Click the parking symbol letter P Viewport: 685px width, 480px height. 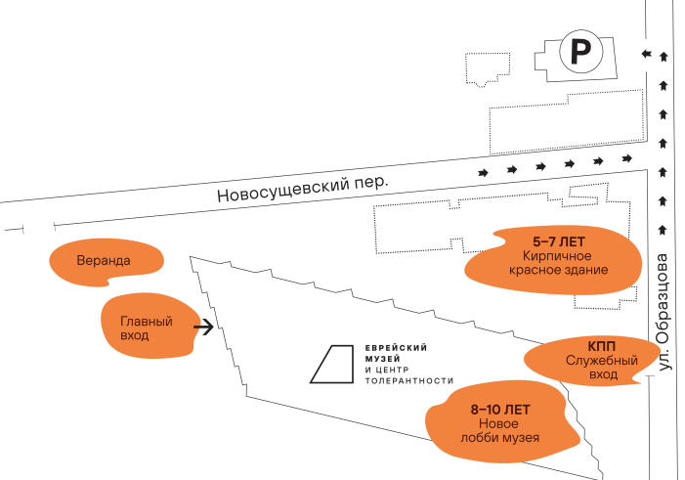[x=580, y=52]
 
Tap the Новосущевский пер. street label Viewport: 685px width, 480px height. [x=302, y=189]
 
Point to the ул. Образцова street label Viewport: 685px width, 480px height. [x=664, y=312]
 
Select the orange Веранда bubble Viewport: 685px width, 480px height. [x=107, y=262]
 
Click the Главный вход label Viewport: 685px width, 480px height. [x=147, y=328]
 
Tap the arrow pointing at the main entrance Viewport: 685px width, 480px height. [x=203, y=327]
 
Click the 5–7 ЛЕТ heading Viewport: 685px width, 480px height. [x=558, y=241]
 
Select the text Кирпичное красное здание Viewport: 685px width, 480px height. [x=558, y=263]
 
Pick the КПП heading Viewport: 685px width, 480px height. [x=602, y=347]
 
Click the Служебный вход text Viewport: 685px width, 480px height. [x=602, y=368]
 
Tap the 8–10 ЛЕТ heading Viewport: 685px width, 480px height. [x=500, y=410]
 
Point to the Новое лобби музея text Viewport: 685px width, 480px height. [x=499, y=430]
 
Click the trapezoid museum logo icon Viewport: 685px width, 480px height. [x=331, y=364]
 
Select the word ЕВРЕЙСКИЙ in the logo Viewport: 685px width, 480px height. [x=396, y=348]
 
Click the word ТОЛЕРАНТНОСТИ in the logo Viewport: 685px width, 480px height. [x=409, y=380]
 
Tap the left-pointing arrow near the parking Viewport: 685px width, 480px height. [x=647, y=54]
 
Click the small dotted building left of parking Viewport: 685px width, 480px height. [x=488, y=69]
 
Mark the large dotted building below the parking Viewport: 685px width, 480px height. [x=567, y=122]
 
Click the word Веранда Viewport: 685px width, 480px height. [x=104, y=261]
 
